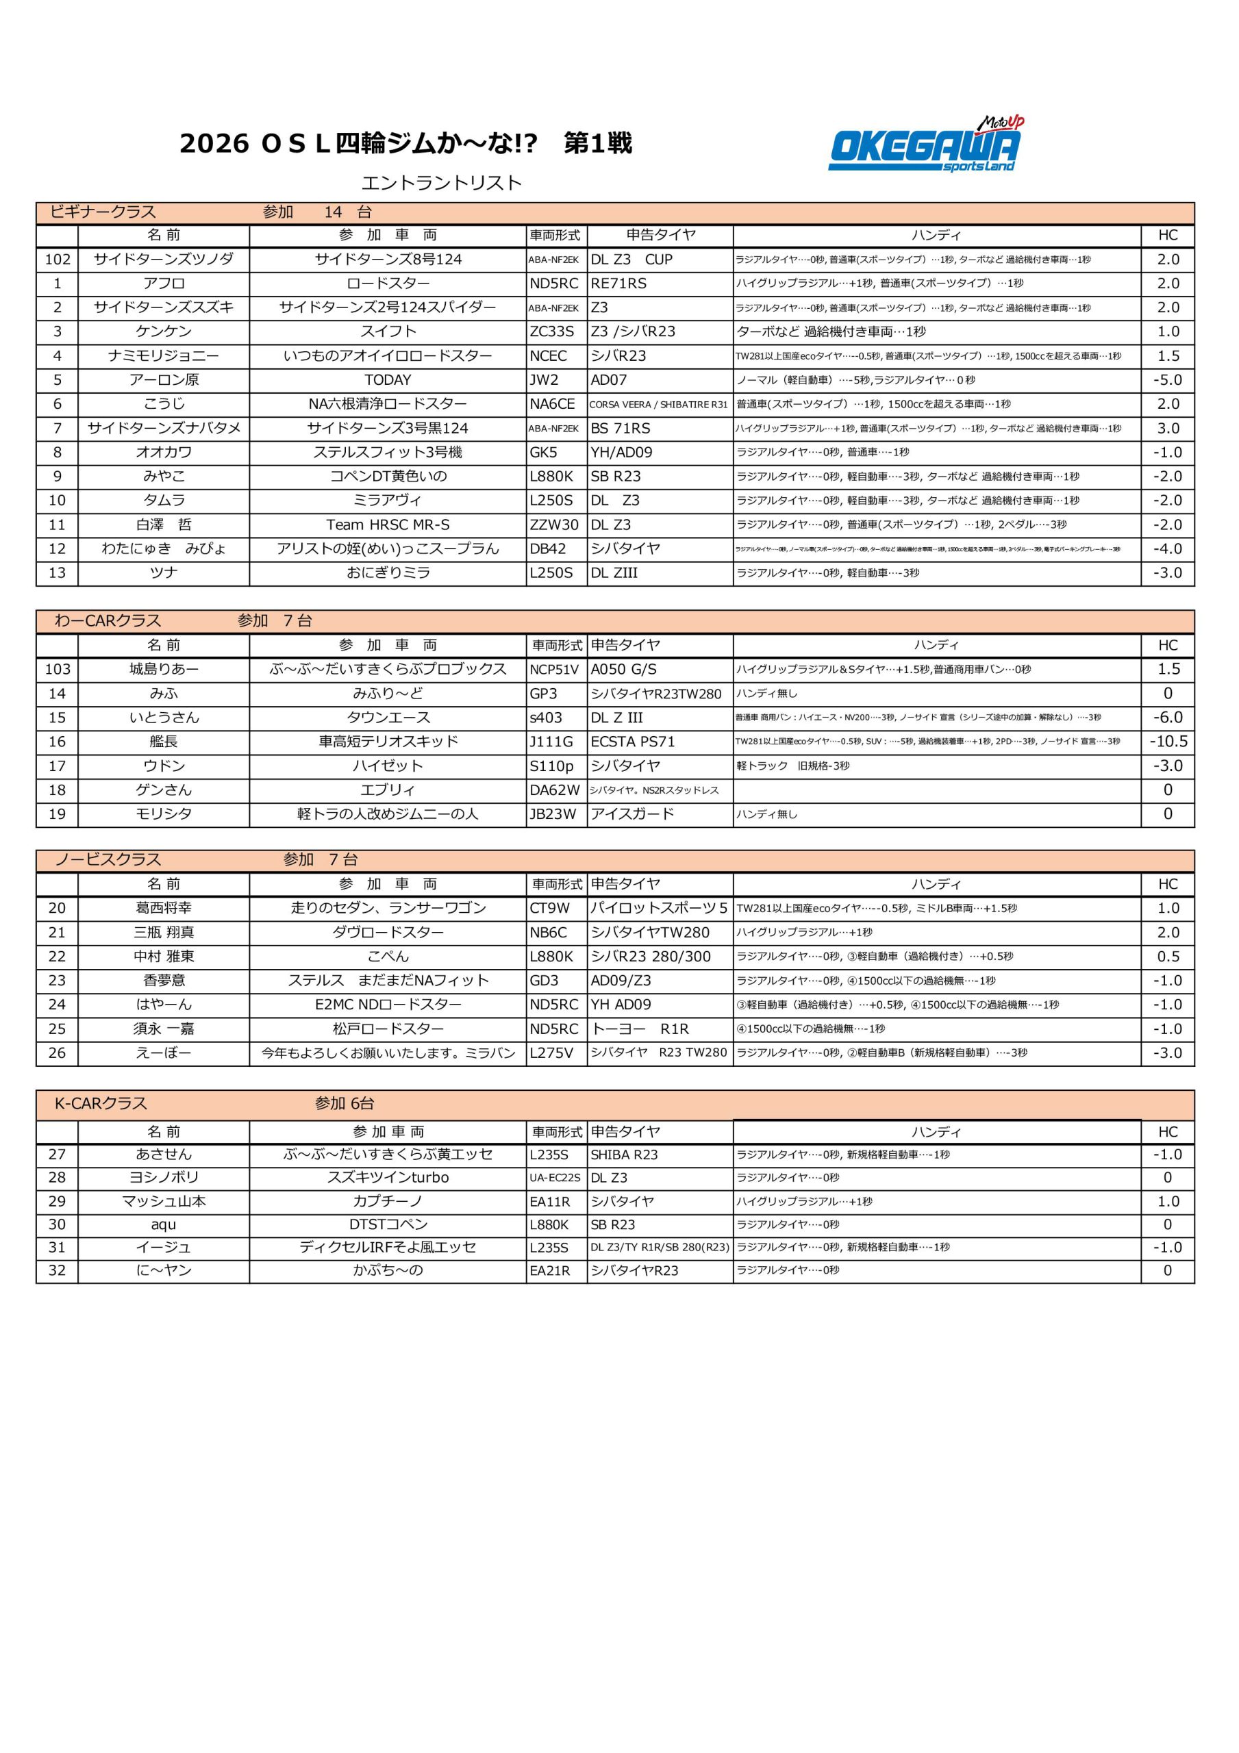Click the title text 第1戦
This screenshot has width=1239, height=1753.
pos(597,144)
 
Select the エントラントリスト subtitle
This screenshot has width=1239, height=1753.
pos(442,184)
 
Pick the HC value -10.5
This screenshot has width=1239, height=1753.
pos(1168,742)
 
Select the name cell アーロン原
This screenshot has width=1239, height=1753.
pos(164,379)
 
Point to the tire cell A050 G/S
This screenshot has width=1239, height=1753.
pos(623,670)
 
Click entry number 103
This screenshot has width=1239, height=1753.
pos(58,670)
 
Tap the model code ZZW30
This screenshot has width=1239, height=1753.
pos(554,525)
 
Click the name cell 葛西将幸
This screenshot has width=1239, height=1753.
pos(164,908)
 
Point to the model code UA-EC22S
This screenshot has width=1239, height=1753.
pos(555,1178)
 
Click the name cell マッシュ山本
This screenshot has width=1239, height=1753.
pos(164,1201)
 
